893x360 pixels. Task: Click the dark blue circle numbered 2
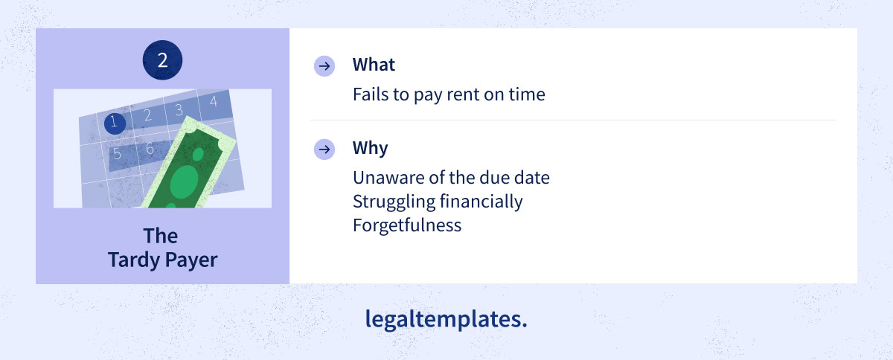[163, 60]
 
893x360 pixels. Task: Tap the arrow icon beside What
[324, 65]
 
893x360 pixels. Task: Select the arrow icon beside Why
[324, 150]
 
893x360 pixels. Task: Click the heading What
[374, 65]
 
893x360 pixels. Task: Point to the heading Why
[370, 148]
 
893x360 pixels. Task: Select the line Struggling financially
[438, 202]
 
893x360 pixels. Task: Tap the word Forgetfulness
[407, 225]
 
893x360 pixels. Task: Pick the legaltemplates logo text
[446, 319]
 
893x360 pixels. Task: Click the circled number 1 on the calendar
[115, 123]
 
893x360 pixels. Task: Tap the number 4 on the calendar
[214, 101]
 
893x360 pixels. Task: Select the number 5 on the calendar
[117, 153]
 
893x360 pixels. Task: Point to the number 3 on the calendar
[179, 109]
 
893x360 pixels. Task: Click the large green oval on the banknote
[185, 181]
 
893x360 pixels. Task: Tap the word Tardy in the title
[133, 260]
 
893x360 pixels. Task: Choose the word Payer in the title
[191, 260]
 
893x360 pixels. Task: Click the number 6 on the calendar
[150, 148]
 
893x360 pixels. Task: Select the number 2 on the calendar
[147, 115]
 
